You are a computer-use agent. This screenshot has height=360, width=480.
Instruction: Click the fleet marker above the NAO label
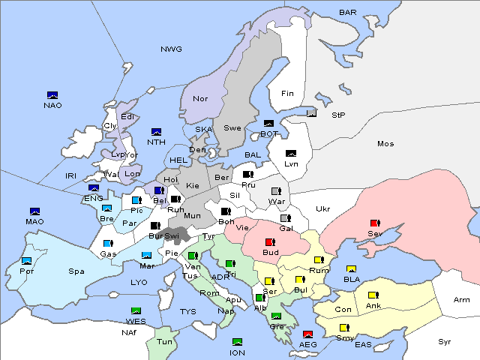pos(52,95)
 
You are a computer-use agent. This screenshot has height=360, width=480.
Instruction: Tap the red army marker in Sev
pos(375,223)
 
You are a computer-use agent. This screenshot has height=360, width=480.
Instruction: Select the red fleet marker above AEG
pos(307,334)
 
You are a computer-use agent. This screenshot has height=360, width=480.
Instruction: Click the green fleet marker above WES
pos(136,311)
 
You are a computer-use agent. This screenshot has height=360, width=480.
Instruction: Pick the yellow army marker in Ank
pos(373,295)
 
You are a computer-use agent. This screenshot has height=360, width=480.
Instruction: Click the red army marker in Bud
pos(270,242)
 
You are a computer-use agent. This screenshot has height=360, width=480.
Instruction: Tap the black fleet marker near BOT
pos(268,124)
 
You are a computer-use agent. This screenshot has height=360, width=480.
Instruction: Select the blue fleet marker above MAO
pos(34,211)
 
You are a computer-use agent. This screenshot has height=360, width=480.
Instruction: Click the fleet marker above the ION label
pos(237,342)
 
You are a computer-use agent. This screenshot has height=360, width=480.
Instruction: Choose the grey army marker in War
pos(276,191)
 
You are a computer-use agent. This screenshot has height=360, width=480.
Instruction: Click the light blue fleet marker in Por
pos(27,261)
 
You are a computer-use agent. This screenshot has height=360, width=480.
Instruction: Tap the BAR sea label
pos(347,13)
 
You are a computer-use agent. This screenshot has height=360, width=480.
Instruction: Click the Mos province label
pos(385,143)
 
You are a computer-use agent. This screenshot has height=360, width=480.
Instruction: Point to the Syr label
pos(445,341)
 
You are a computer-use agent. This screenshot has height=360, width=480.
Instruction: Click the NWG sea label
pos(171,49)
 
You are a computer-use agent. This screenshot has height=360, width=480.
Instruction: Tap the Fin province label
pos(287,94)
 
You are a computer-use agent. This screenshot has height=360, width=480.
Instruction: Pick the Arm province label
pos(462,300)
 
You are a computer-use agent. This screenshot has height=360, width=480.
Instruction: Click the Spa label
pos(76,271)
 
